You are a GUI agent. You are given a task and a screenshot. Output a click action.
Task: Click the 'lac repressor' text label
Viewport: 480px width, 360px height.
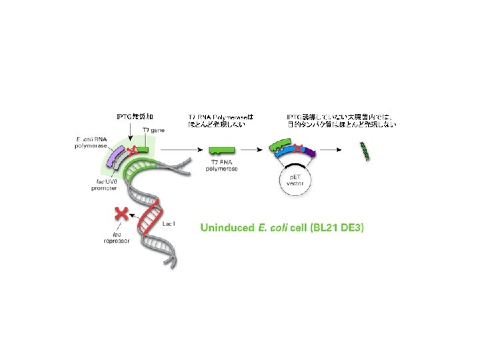[122, 238]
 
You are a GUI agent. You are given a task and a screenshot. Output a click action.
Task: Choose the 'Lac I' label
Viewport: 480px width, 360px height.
[170, 225]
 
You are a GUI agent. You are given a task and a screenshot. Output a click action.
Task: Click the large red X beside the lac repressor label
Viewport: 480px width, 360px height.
[122, 213]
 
